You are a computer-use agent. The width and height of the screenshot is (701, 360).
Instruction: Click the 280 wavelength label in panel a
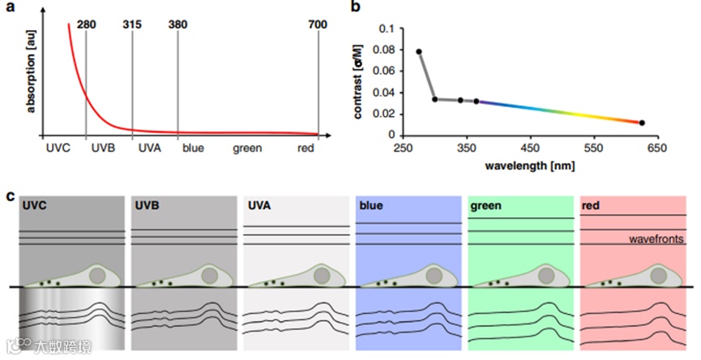[87, 24]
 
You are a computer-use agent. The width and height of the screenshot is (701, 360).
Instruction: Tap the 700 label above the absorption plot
[318, 24]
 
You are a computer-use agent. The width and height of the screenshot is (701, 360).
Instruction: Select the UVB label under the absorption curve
[103, 148]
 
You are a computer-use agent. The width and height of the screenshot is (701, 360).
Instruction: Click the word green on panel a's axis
[247, 148]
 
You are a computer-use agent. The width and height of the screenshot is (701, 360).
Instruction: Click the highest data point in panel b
[419, 52]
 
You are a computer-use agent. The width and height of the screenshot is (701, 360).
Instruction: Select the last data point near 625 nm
[642, 122]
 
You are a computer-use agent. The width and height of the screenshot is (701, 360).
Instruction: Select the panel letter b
[354, 7]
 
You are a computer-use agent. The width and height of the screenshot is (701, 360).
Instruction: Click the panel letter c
[10, 195]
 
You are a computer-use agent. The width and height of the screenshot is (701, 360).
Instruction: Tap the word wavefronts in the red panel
[659, 240]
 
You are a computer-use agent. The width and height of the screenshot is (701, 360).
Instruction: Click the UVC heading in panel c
[36, 206]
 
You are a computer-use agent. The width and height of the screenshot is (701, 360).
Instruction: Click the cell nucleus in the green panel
[546, 275]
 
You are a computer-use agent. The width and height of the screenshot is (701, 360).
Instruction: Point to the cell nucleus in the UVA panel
[321, 275]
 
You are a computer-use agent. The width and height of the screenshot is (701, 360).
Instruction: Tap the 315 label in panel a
[132, 24]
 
